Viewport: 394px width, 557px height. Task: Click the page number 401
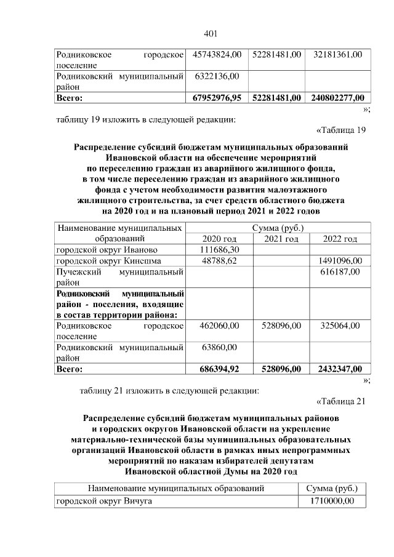(x=211, y=33)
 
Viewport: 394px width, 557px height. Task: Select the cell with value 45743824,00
(x=217, y=55)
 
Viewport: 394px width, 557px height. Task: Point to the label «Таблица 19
(x=340, y=130)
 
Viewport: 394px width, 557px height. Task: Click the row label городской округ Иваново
(x=107, y=250)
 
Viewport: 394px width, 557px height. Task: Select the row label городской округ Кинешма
(x=111, y=261)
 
